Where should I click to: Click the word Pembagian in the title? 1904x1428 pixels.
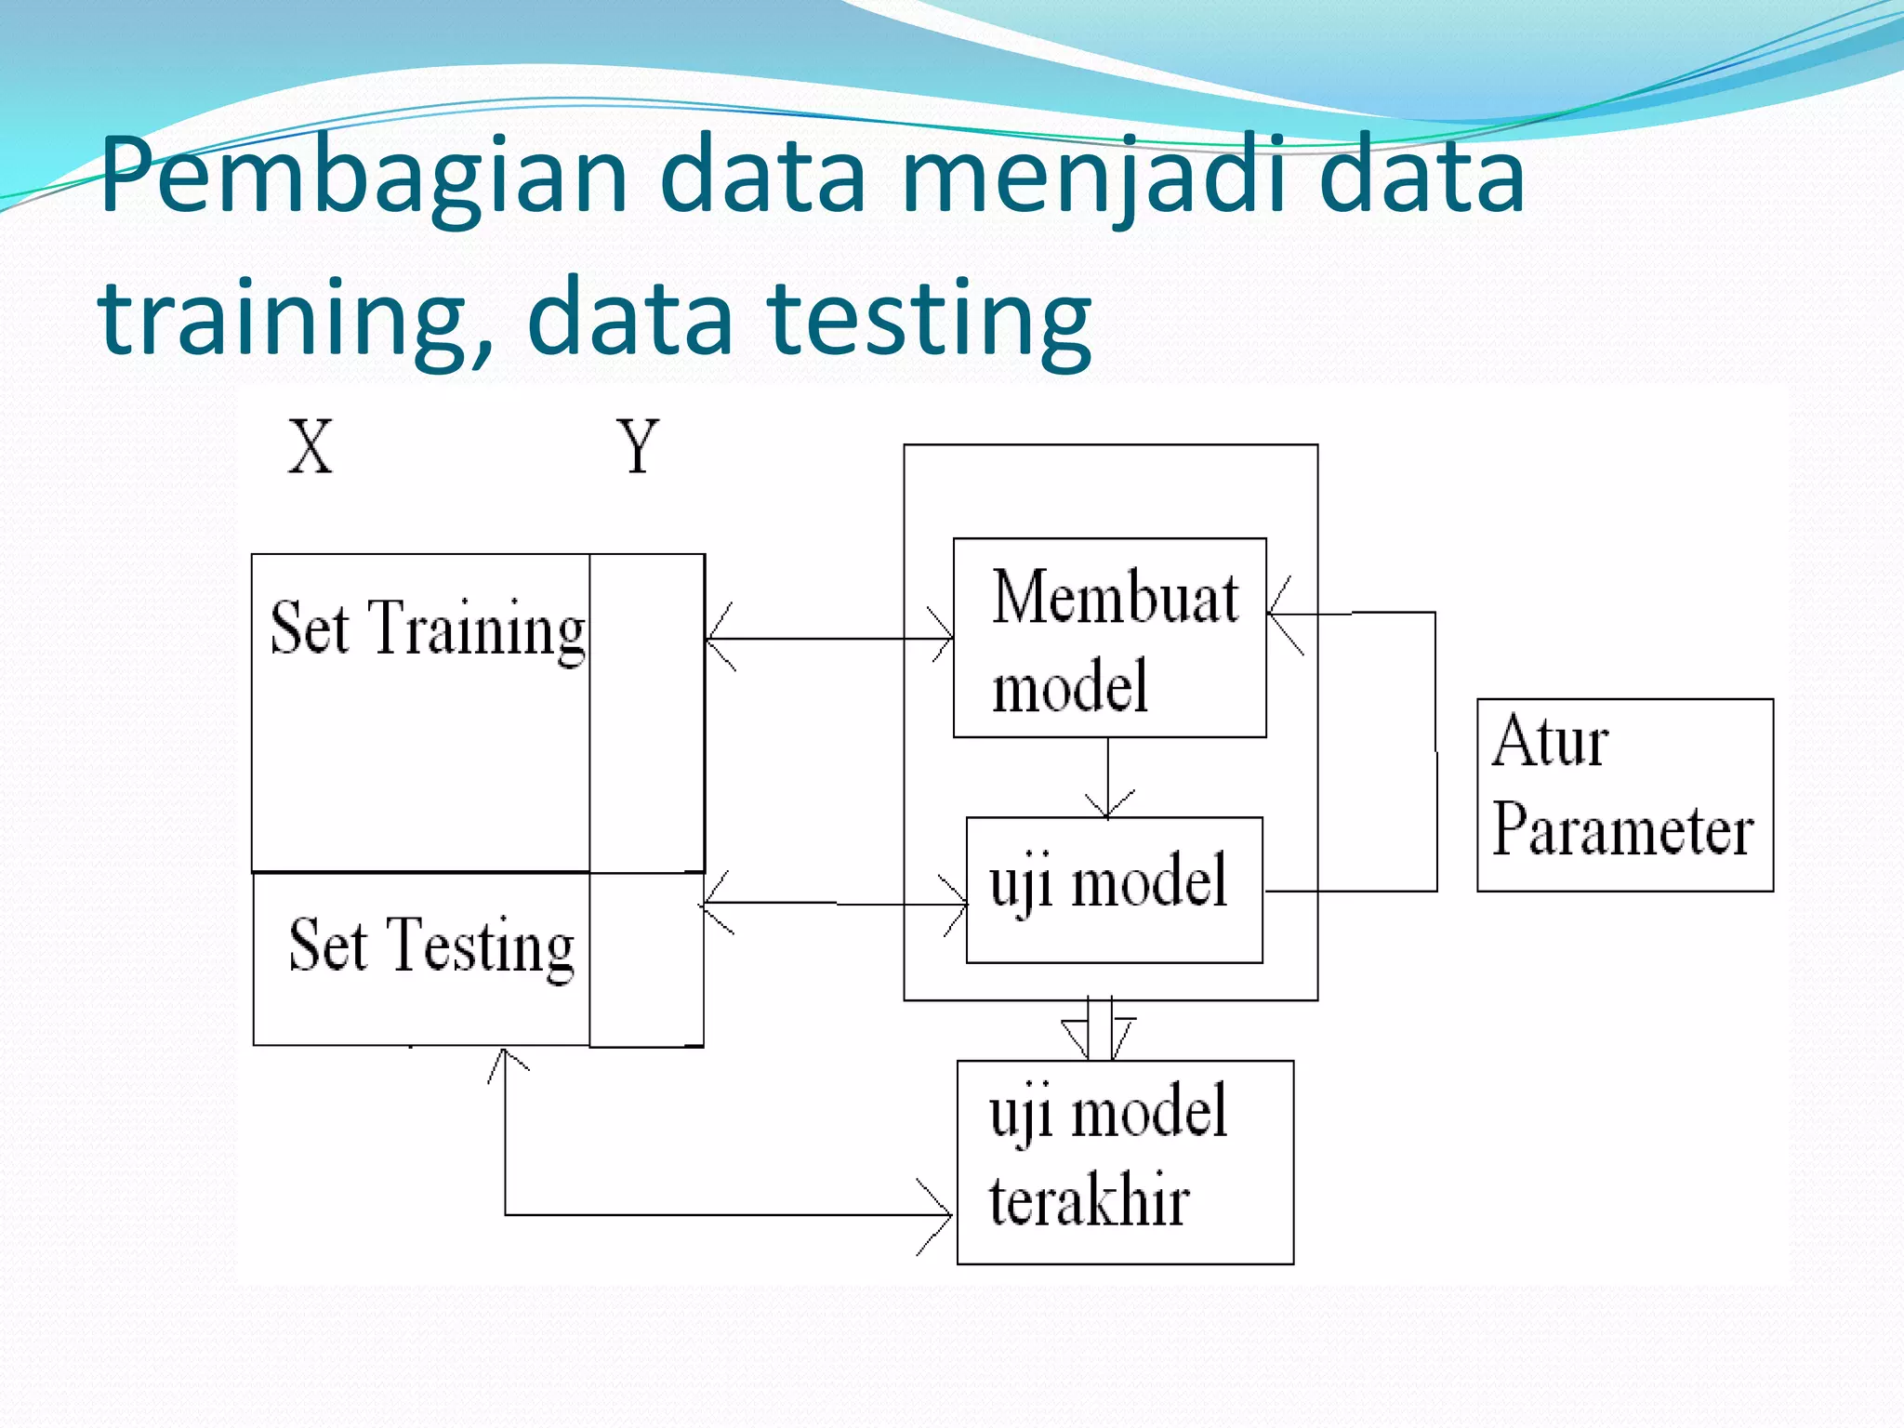pyautogui.click(x=364, y=177)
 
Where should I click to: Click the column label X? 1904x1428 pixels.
pyautogui.click(x=310, y=447)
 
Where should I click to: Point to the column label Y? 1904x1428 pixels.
pyautogui.click(x=638, y=447)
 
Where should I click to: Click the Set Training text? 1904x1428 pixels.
pyautogui.click(x=427, y=629)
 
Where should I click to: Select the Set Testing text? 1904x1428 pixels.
pyautogui.click(x=431, y=946)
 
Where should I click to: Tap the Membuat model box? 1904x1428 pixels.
pyautogui.click(x=1109, y=638)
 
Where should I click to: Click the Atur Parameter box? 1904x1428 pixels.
pyautogui.click(x=1624, y=795)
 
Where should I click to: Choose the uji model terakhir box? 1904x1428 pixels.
pyautogui.click(x=1125, y=1162)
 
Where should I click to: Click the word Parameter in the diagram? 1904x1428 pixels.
pyautogui.click(x=1622, y=830)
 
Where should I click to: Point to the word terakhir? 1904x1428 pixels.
pyautogui.click(x=1089, y=1201)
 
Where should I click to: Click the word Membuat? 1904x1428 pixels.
pyautogui.click(x=1115, y=597)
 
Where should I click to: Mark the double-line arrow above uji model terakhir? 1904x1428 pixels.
pyautogui.click(x=1100, y=1030)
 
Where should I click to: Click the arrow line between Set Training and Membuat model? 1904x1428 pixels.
pyautogui.click(x=827, y=639)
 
